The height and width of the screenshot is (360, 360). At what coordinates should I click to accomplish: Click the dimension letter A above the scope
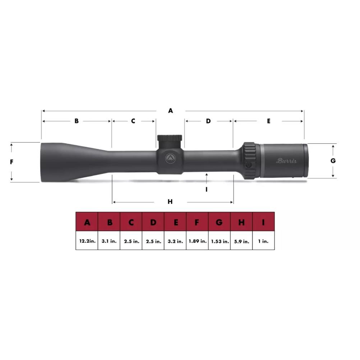(171, 111)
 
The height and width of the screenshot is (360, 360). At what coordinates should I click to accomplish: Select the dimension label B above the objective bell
(77, 121)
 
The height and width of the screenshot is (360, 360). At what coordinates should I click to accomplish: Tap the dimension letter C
(133, 121)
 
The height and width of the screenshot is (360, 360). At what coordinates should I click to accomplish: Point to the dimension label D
(208, 121)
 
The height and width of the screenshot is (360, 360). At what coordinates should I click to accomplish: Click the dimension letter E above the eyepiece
(269, 121)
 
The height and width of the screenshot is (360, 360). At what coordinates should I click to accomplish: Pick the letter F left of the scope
(11, 162)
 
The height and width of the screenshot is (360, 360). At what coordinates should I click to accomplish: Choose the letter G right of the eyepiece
(333, 161)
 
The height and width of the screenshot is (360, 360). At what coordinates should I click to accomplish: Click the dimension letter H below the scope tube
(170, 202)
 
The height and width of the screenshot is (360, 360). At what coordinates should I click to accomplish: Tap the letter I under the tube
(207, 189)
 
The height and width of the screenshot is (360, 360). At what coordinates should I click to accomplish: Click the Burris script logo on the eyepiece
(286, 161)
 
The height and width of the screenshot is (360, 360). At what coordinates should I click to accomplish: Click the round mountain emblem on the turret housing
(170, 159)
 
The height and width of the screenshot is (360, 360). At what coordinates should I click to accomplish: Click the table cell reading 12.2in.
(87, 241)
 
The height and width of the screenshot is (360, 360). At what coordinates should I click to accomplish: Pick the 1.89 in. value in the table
(197, 241)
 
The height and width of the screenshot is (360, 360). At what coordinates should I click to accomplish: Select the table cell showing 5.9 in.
(241, 241)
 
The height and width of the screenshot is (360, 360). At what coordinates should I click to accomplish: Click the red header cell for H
(241, 222)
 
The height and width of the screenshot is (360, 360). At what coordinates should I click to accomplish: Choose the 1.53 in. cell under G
(219, 241)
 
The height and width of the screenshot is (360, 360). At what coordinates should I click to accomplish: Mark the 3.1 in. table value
(109, 241)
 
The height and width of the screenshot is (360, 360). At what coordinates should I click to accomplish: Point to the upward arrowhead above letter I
(207, 175)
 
